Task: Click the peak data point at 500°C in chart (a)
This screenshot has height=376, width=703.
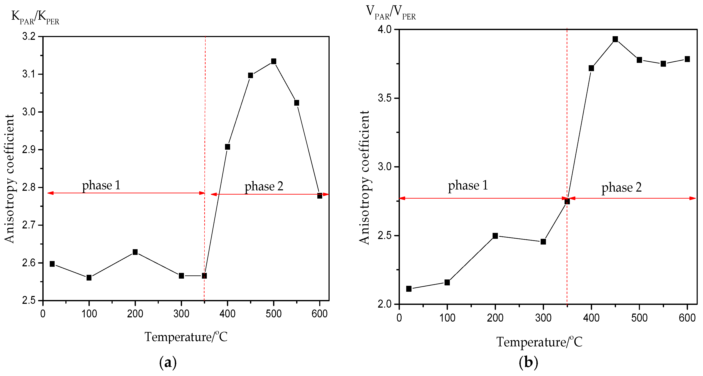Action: coord(273,61)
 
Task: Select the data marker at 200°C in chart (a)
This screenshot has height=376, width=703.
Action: coord(135,252)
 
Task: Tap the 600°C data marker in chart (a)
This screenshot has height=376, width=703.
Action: coord(320,196)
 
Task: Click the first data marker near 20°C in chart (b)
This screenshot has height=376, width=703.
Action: coord(409,289)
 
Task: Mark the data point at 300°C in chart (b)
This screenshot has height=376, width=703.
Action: coord(543,242)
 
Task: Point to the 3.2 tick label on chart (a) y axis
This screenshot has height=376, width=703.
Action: coord(29,36)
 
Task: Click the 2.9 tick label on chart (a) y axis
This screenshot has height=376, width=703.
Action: coord(29,150)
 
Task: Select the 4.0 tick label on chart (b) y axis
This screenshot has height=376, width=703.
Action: coord(384,29)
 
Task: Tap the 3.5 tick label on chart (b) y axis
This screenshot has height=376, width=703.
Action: coord(384,98)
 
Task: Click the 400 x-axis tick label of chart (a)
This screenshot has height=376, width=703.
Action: coord(227,314)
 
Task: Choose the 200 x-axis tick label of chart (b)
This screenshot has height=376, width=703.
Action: coord(495,318)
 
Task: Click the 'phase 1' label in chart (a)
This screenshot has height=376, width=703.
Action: coord(101,185)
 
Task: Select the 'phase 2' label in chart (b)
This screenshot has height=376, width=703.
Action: coord(622,187)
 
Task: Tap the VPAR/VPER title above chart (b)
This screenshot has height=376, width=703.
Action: coord(391,12)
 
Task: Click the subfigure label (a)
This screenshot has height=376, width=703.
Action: coord(168,363)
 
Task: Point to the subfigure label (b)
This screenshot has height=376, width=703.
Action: coord(528,363)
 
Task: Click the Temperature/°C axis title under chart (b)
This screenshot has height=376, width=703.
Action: coord(539,342)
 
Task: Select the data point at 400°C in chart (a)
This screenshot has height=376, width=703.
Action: coord(227,147)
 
